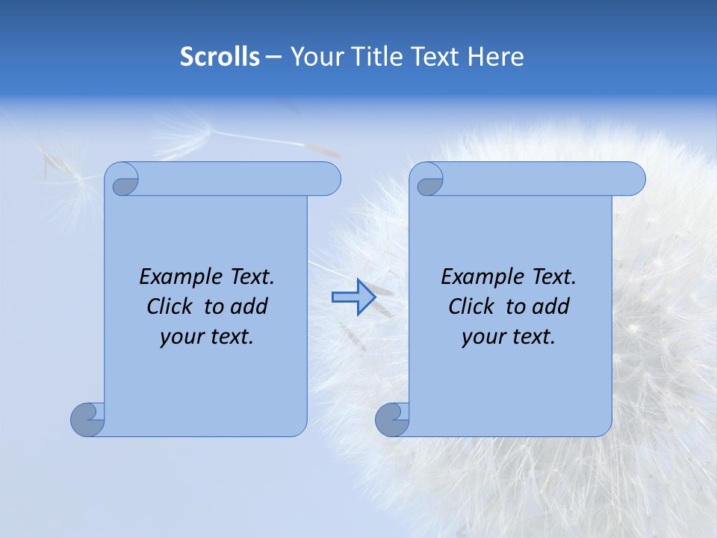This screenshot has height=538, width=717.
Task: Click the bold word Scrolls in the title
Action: tap(220, 57)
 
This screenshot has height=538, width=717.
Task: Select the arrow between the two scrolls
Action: tap(353, 297)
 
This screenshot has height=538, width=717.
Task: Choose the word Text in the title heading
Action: tap(435, 57)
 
